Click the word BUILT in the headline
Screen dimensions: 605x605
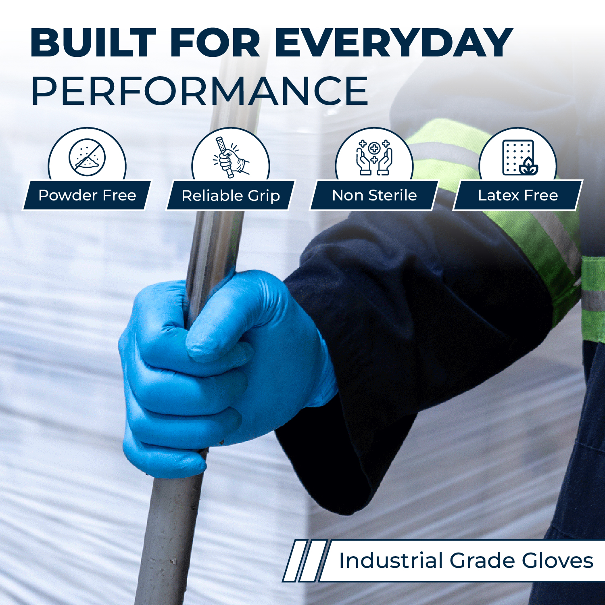coord(93,43)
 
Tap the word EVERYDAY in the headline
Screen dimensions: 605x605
coord(394,43)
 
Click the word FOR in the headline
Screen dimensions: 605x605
coord(215,43)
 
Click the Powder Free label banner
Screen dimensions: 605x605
coord(87,195)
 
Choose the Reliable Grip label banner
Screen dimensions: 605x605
coord(231,195)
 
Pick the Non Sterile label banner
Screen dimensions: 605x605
coord(374,195)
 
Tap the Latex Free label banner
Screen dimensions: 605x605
coord(518,195)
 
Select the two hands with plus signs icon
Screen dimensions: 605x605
coord(374,157)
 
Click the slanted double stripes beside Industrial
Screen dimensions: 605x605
coord(305,561)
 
